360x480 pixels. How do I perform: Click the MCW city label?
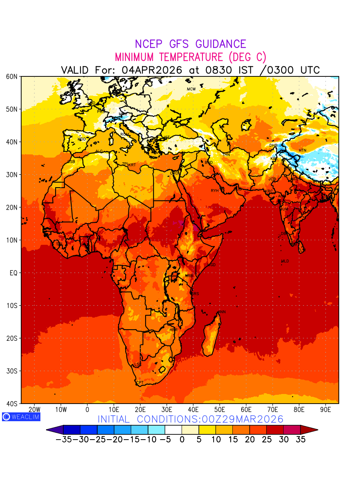(x=191, y=89)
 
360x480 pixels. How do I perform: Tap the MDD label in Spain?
(x=82, y=139)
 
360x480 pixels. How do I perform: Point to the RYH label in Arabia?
(x=215, y=191)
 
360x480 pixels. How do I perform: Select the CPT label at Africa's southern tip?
(x=140, y=383)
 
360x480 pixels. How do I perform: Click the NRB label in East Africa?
(x=189, y=276)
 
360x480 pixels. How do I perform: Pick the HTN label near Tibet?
(x=302, y=150)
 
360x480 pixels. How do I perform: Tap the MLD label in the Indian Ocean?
(x=285, y=261)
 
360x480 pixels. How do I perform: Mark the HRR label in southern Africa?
(x=173, y=330)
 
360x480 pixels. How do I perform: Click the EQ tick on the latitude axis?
(x=14, y=273)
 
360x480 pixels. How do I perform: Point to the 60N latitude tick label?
(x=12, y=76)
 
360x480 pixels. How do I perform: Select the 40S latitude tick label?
(x=12, y=404)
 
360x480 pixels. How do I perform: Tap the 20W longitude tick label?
(x=35, y=410)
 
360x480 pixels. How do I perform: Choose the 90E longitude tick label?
(x=326, y=410)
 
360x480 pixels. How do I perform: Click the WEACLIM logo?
(x=21, y=416)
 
